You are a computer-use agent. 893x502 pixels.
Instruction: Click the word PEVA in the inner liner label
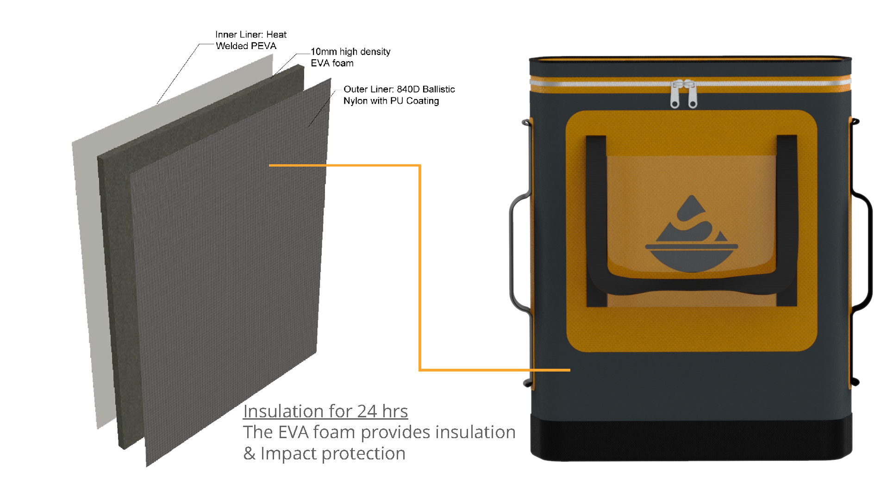tap(264, 46)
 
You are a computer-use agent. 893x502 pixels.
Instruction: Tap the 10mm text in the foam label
tap(324, 52)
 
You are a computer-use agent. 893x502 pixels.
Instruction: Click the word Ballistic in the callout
tap(439, 89)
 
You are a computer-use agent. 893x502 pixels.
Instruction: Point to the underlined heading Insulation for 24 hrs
tap(325, 411)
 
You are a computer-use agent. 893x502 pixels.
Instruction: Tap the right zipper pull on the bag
tap(693, 96)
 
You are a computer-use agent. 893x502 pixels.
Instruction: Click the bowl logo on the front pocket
tap(691, 236)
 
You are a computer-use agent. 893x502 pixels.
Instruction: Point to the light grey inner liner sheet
tap(88, 231)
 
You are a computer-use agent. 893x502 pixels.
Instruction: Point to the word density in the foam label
tap(375, 52)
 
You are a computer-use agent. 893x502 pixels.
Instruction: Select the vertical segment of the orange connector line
tap(420, 268)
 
